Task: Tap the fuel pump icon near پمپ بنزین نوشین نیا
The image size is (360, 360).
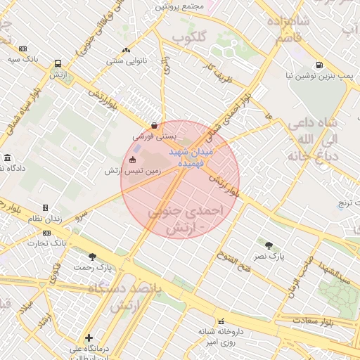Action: (x=320, y=65)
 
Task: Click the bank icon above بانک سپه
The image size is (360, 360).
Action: (x=23, y=49)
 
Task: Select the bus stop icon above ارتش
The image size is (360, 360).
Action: (x=58, y=63)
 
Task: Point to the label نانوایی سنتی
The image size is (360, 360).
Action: (x=126, y=60)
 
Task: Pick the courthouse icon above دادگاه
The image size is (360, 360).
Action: (x=7, y=157)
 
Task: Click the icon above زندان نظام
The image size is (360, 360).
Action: (x=46, y=208)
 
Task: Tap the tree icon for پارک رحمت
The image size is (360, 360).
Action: (x=92, y=257)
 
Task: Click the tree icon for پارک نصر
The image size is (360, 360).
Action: (x=269, y=245)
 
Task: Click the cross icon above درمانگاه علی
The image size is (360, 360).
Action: (x=88, y=337)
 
